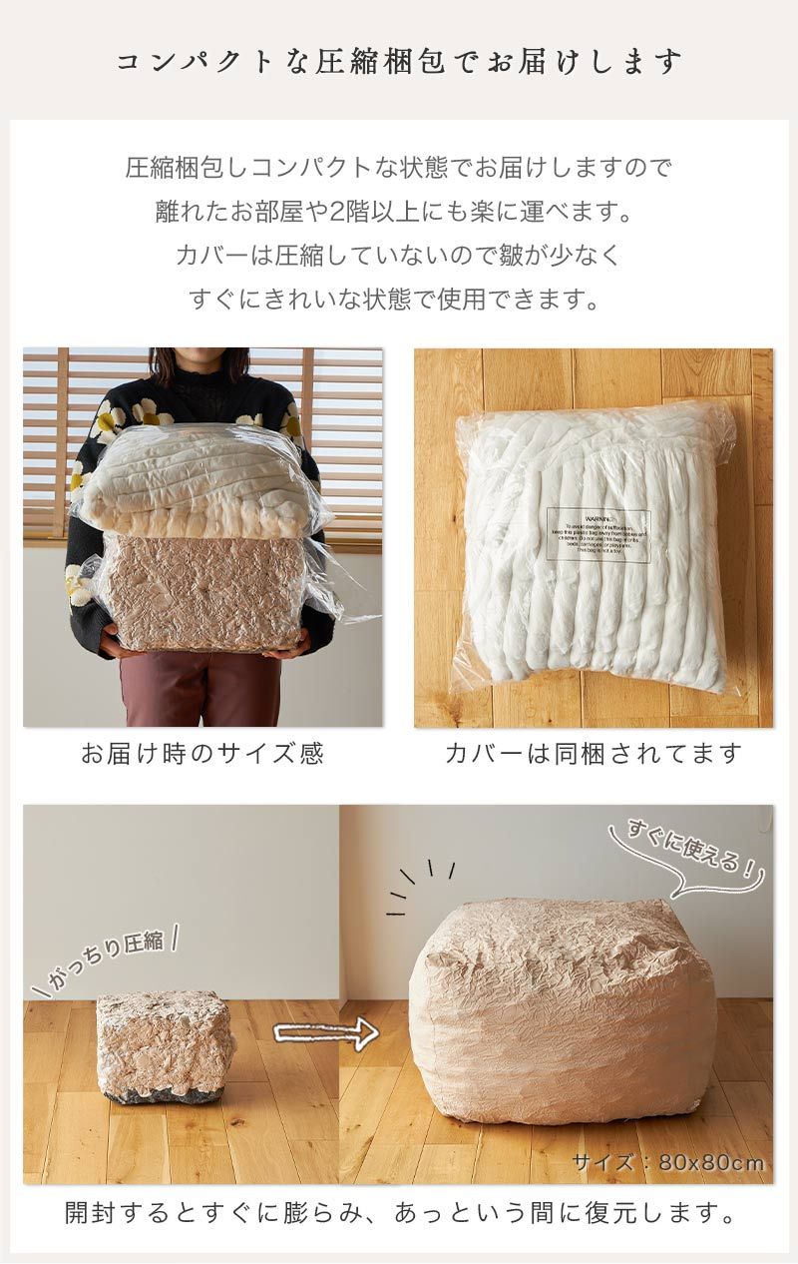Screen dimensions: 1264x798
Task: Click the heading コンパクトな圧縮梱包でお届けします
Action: click(x=399, y=62)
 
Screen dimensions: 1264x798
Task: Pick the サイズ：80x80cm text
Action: click(x=668, y=1162)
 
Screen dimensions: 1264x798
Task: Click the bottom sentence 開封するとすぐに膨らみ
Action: click(x=399, y=1214)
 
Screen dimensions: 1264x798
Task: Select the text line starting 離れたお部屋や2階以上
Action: click(x=399, y=212)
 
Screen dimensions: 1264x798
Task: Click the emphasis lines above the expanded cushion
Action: click(x=419, y=883)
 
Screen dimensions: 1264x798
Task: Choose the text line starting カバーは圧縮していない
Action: click(x=399, y=255)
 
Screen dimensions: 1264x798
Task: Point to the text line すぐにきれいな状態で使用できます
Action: click(x=399, y=298)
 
